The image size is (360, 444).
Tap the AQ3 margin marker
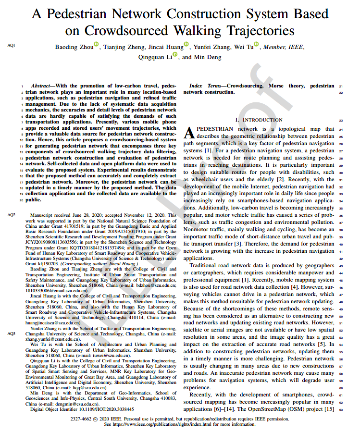pyautogui.click(x=12, y=333)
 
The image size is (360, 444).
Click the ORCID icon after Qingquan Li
pyautogui.click(x=174, y=55)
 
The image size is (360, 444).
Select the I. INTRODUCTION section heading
pyautogui.click(x=259, y=120)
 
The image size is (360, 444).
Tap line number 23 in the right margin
pyautogui.click(x=341, y=120)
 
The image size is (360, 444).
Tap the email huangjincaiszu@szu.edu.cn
pyautogui.click(x=54, y=323)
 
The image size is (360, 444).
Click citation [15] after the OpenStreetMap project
pyautogui.click(x=329, y=409)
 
